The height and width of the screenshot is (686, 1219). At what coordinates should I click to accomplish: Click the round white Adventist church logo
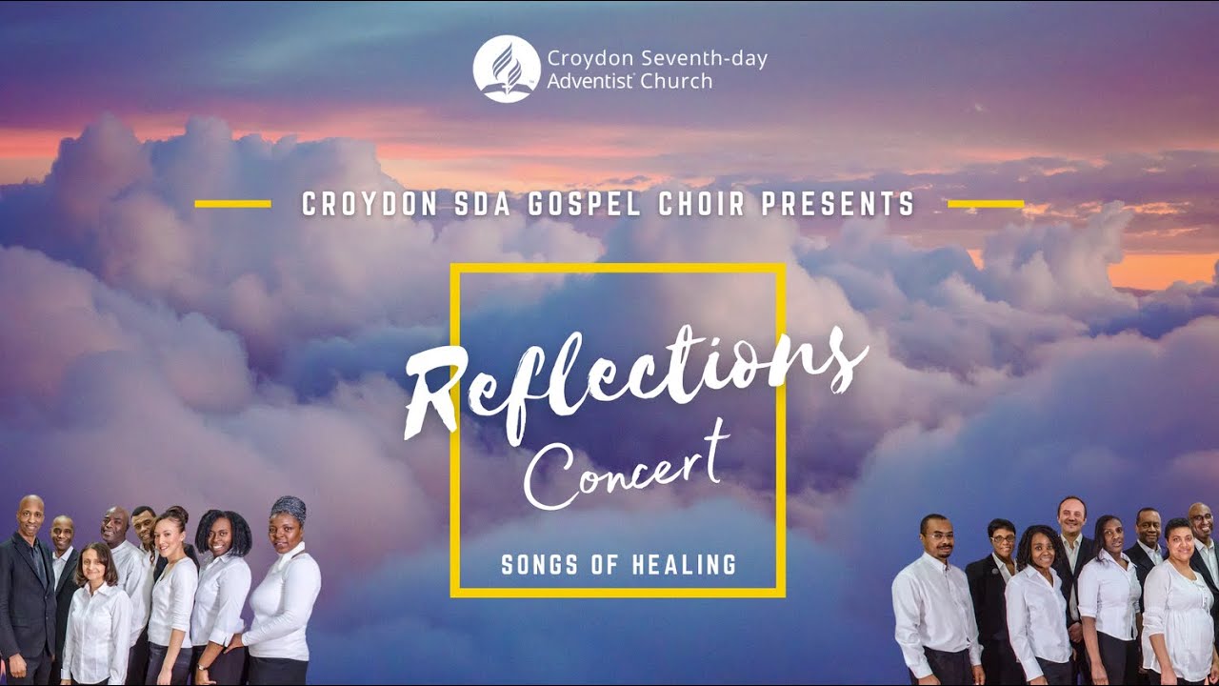click(x=507, y=69)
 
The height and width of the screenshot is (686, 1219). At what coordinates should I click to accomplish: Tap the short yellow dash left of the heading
click(x=232, y=203)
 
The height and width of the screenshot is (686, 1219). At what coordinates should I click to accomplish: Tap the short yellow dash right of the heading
click(x=986, y=203)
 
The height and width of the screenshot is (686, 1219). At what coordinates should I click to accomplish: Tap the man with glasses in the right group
click(x=938, y=591)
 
